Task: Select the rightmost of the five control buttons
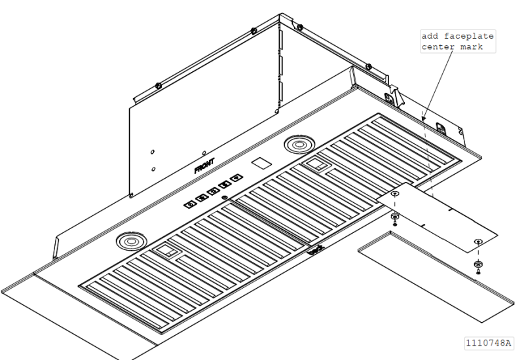(x=234, y=177)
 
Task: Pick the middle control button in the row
(x=212, y=190)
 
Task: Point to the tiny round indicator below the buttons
(x=225, y=197)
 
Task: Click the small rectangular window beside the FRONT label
(x=261, y=161)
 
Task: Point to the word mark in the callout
(x=472, y=48)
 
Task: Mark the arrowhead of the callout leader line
(x=423, y=120)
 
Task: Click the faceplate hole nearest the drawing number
(x=479, y=242)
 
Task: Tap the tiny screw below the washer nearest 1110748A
(x=478, y=271)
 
